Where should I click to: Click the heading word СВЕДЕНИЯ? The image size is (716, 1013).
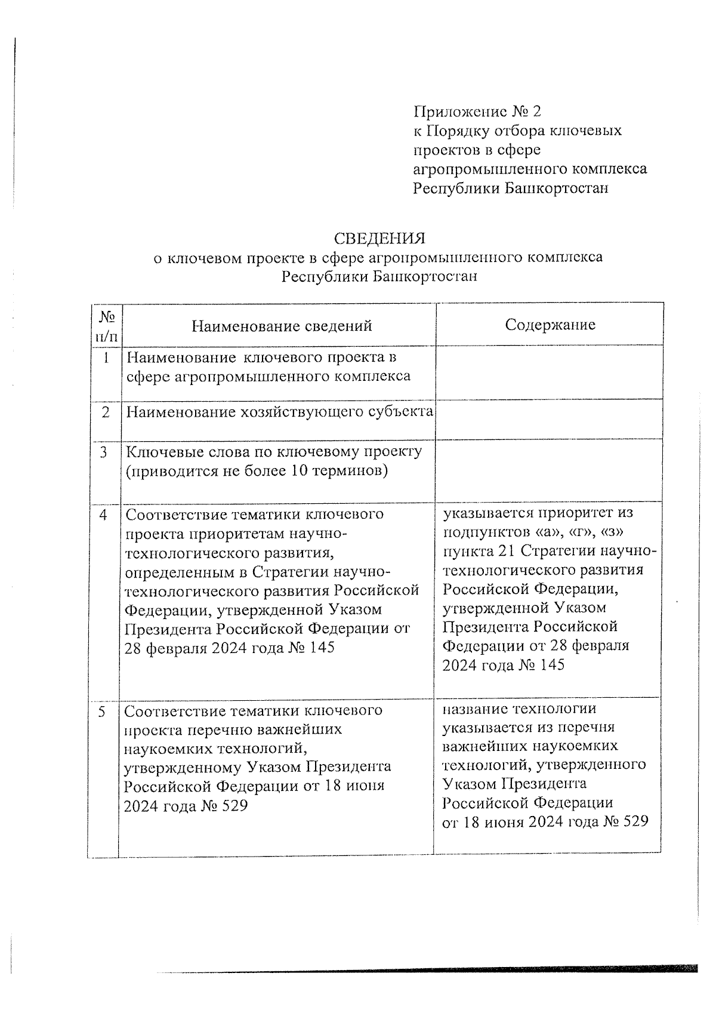click(379, 239)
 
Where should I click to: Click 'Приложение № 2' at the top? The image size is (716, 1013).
click(477, 112)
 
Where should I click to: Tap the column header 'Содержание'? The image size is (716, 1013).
click(550, 325)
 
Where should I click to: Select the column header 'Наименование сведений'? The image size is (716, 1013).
click(282, 326)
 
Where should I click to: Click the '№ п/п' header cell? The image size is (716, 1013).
click(106, 325)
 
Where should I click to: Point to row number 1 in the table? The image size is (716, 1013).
click(106, 358)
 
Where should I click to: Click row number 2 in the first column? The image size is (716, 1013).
click(106, 412)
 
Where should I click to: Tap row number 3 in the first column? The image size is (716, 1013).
click(104, 452)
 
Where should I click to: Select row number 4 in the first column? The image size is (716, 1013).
click(104, 515)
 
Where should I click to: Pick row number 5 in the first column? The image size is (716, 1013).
click(103, 712)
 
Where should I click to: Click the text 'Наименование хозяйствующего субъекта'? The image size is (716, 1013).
click(279, 412)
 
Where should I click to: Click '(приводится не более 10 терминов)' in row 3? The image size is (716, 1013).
click(257, 471)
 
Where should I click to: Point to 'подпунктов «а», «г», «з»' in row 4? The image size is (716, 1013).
click(534, 531)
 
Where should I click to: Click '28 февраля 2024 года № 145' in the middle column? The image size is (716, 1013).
click(229, 648)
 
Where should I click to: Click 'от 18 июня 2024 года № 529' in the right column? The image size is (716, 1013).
click(545, 821)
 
